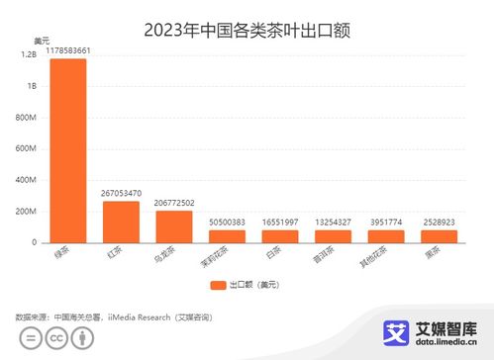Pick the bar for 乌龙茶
tap(174, 226)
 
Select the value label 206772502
tap(174, 202)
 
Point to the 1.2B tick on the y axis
tap(29, 55)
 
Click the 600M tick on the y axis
tap(27, 149)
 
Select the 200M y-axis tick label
tap(27, 212)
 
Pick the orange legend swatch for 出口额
tap(218, 285)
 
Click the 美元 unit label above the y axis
tap(42, 41)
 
